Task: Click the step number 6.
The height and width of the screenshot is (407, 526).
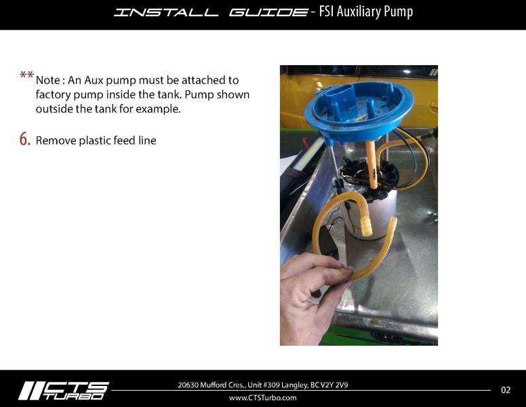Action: [x=24, y=140]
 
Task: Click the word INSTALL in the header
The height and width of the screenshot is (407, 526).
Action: [x=166, y=12]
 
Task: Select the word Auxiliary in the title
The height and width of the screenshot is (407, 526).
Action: [x=364, y=12]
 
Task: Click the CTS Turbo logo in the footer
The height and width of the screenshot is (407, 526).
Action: [x=63, y=390]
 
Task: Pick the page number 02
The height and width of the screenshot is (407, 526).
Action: [x=506, y=390]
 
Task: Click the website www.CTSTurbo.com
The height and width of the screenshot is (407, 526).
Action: [x=263, y=398]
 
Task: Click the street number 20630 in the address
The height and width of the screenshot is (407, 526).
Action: [x=190, y=385]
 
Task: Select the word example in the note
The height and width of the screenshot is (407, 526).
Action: [x=161, y=109]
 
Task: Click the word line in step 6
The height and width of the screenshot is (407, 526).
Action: [x=147, y=141]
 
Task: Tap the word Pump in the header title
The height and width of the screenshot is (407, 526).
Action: [x=399, y=12]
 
